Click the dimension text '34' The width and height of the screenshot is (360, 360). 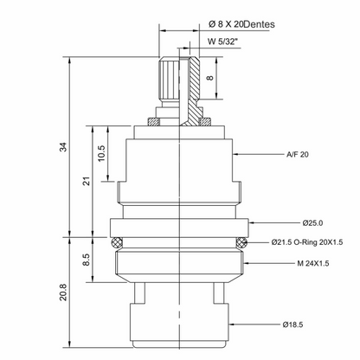pos(63,147)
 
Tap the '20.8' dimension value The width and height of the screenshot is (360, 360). pos(63,292)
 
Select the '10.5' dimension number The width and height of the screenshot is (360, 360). pos(101,153)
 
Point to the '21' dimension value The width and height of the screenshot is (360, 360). pos(87,181)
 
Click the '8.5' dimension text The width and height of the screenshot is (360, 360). pos(87,260)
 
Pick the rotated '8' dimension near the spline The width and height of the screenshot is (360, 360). pos(210,78)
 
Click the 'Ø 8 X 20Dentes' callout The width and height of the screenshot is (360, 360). pos(241,24)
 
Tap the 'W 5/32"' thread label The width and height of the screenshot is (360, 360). pos(222,42)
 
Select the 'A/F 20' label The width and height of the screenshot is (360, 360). pos(298,155)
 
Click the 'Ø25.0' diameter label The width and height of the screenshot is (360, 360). pos(312,223)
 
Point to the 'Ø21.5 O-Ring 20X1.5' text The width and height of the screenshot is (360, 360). pos(307,242)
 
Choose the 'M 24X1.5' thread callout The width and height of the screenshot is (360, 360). pos(313,263)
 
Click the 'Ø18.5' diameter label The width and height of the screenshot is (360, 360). pos(292,325)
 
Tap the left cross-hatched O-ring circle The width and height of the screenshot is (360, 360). pos(116,242)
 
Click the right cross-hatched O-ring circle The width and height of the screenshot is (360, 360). pos(241,242)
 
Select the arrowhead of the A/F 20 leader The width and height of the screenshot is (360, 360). pos(235,155)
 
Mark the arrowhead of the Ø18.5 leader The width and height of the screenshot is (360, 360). pos(231,325)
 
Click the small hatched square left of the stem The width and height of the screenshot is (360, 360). pos(153,122)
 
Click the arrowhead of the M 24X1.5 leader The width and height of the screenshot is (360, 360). pos(245,263)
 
